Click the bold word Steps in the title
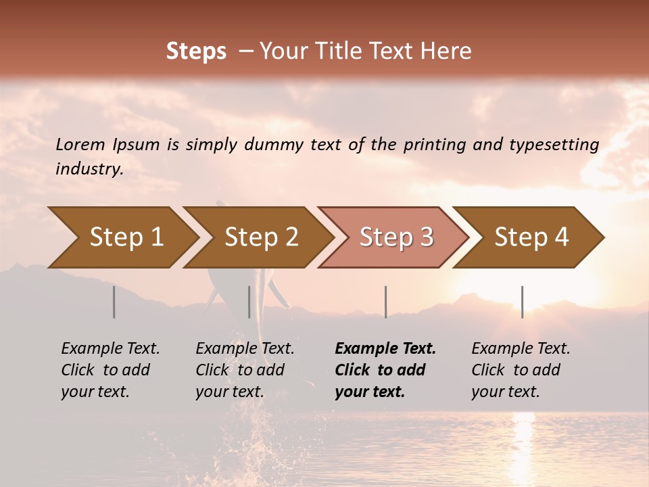196,51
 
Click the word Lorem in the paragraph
80,144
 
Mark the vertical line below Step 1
114,302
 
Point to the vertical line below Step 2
249,302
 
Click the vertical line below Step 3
385,302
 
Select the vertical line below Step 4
522,302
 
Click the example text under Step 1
110,370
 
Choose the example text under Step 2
245,370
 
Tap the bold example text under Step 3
385,370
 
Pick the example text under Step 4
521,370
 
